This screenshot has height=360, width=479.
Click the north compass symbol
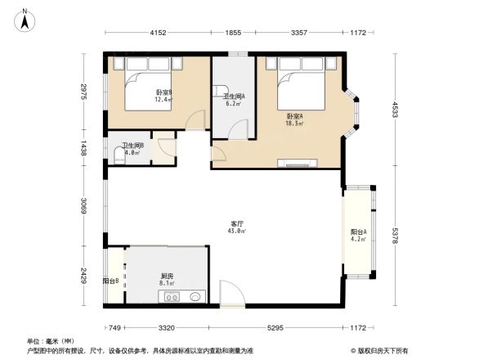25,19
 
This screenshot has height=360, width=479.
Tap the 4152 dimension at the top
158,33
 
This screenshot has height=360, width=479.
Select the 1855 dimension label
234,33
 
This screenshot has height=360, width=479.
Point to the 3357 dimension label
298,33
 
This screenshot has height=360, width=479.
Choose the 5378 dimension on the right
394,237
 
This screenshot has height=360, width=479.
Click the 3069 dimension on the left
83,204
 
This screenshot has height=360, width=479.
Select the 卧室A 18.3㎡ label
294,120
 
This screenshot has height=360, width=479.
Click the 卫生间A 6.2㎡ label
234,100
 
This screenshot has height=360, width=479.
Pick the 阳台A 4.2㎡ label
358,236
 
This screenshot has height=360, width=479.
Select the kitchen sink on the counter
194,296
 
